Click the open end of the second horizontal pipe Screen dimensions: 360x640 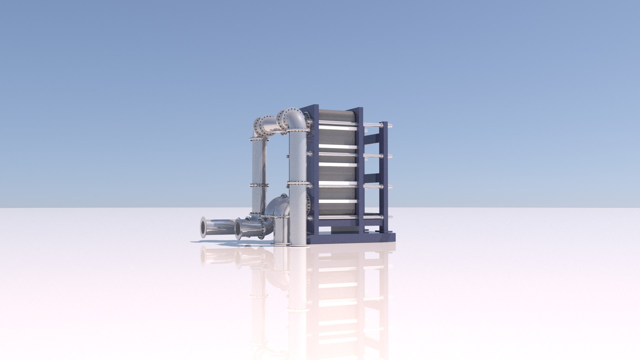coord(238,229)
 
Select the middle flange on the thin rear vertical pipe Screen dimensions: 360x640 coord(259,185)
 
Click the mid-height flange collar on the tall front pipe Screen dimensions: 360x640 coord(298,183)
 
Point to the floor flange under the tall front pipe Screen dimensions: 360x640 coord(298,246)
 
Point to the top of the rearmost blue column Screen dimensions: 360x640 coord(384,123)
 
